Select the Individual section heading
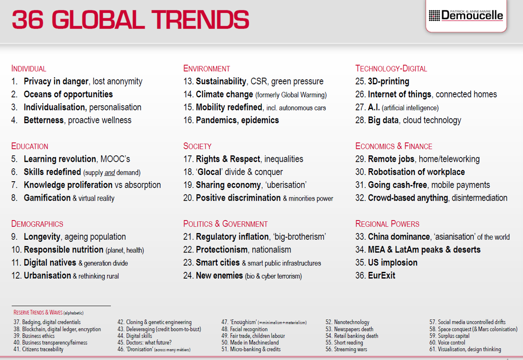(29, 69)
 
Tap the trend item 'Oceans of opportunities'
(68, 94)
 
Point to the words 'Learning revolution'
(60, 159)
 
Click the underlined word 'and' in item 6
(110, 172)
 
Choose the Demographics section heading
(37, 224)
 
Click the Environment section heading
(207, 69)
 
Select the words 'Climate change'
(224, 94)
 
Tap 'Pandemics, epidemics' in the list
(237, 120)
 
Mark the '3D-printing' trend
(388, 81)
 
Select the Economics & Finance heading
(394, 146)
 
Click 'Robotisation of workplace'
(416, 172)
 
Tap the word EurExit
(382, 276)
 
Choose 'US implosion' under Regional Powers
(393, 263)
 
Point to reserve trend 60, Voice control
(451, 343)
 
